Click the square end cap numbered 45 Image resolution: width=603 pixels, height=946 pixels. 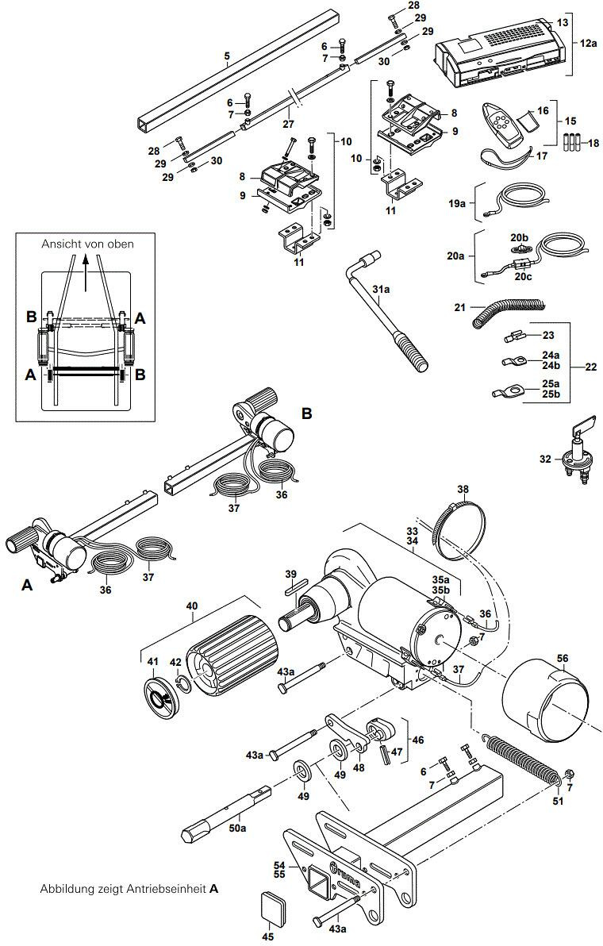(271, 907)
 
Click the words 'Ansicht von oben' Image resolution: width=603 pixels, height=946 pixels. (87, 244)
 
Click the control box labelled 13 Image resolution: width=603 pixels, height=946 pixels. (500, 52)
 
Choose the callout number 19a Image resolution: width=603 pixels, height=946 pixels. (456, 204)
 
